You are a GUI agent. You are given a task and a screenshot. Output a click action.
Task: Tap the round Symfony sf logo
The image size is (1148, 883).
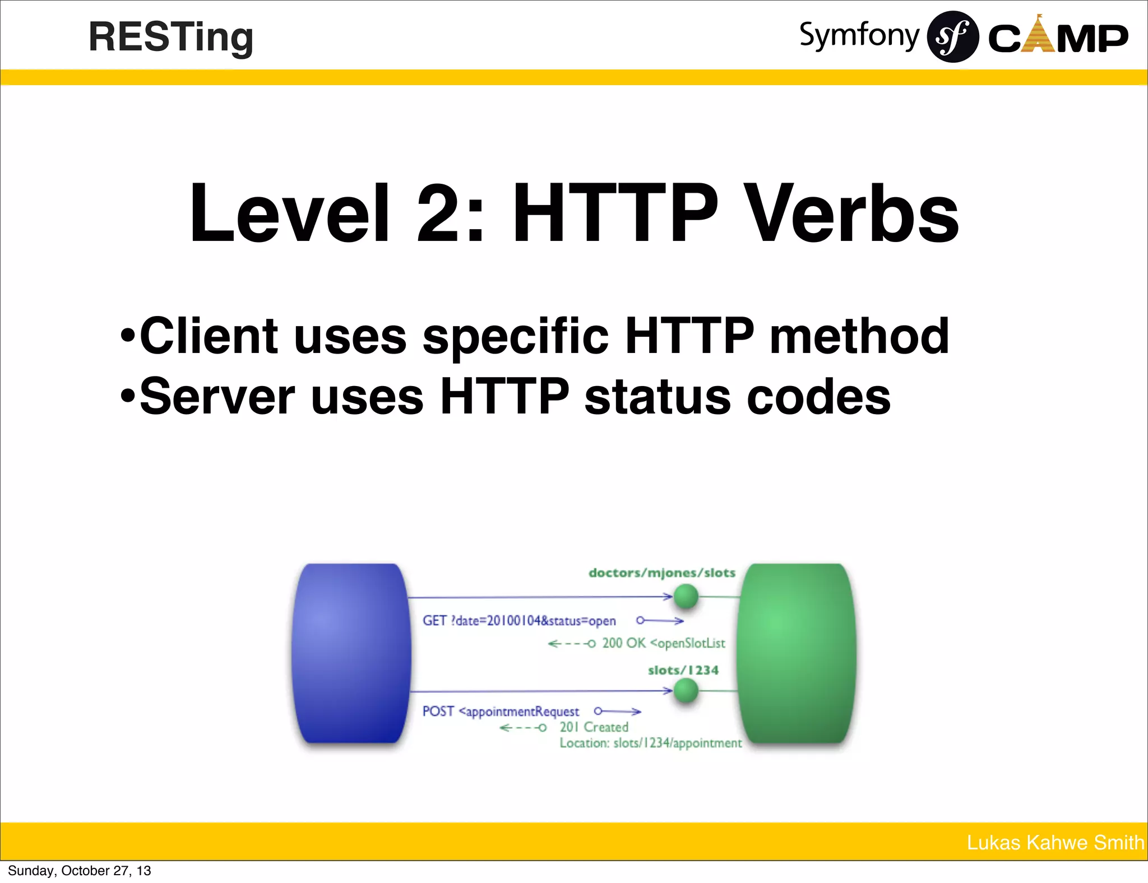pos(952,37)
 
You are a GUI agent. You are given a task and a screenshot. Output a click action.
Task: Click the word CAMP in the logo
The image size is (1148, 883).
pos(1058,38)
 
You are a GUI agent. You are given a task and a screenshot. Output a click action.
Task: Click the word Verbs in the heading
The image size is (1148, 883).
pos(853,214)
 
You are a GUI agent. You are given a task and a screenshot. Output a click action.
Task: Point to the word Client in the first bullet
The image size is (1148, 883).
pos(209,336)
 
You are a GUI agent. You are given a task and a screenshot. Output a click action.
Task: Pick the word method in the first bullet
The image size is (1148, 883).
pos(859,336)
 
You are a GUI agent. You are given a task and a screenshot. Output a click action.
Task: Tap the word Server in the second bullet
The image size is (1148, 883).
pos(217,397)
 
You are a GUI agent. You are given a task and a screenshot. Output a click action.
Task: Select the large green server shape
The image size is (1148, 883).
pos(797,653)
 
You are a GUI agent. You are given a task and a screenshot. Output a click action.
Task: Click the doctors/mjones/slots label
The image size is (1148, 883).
pos(661,573)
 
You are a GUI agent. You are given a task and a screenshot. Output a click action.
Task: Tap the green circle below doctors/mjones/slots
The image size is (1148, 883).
pos(686,596)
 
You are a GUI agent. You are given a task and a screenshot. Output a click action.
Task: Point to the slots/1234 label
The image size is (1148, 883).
pos(683,670)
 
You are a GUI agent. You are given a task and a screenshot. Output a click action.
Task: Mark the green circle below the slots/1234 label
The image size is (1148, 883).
pos(686,690)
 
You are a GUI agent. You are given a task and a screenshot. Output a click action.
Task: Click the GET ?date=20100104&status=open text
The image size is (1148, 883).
pos(519,621)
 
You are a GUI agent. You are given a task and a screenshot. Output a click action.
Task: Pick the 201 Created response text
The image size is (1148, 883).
pos(594,727)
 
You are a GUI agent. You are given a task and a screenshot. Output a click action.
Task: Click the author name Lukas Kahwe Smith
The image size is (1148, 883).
pos(1055,843)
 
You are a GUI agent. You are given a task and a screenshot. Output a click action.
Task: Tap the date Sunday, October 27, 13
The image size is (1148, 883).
pos(80,871)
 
